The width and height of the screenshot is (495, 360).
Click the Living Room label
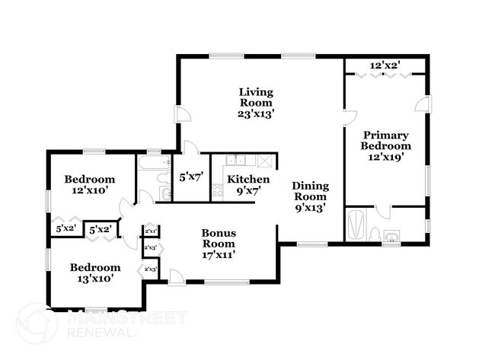click(255, 97)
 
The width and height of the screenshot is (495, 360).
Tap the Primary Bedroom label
click(385, 140)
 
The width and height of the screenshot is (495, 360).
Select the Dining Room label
click(310, 190)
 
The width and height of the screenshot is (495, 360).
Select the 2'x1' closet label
click(150, 231)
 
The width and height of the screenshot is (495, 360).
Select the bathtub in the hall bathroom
click(152, 161)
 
